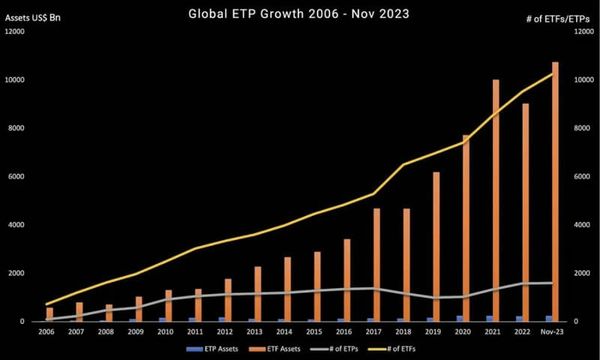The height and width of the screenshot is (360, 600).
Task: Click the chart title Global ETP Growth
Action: (x=300, y=15)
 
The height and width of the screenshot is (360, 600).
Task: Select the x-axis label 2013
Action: (x=254, y=330)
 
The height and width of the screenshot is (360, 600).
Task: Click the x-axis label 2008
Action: (x=105, y=330)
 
